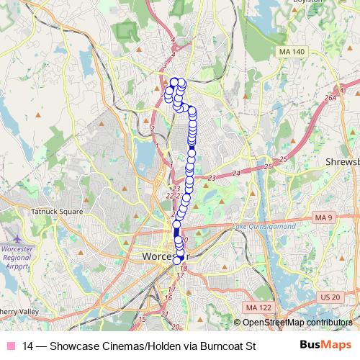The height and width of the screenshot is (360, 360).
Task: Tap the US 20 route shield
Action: coord(330,297)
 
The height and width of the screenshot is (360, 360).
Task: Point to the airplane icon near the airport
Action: coord(17,238)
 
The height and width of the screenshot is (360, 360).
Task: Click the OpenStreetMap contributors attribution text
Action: coord(296,323)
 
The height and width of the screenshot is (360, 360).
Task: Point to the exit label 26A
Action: coord(330,98)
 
